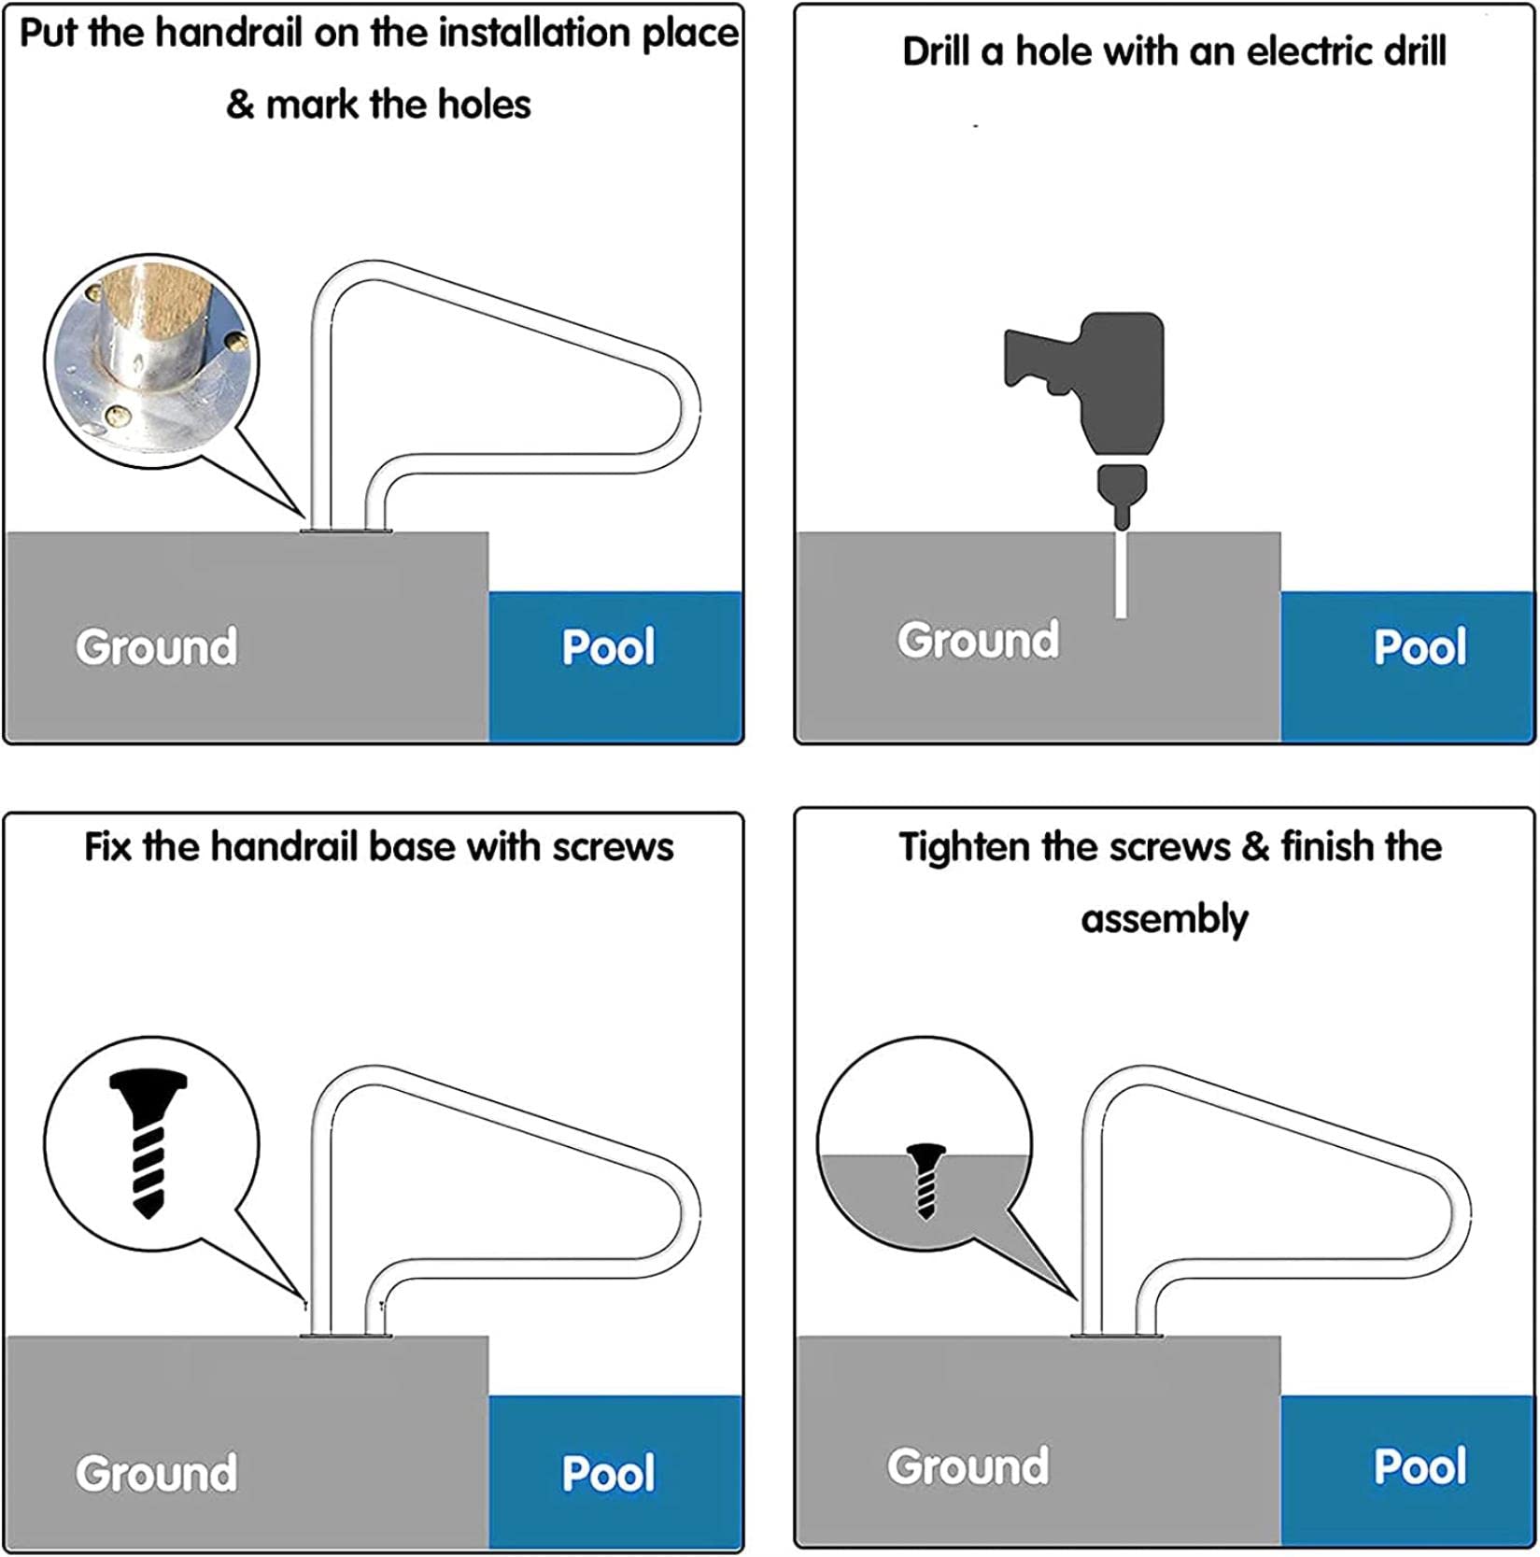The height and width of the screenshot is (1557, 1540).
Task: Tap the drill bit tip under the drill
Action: (x=1122, y=517)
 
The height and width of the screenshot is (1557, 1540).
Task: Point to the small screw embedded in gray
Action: (x=925, y=1180)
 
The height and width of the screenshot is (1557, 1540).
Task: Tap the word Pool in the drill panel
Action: (x=1420, y=647)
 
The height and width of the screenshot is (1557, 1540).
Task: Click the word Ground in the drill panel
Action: (x=978, y=641)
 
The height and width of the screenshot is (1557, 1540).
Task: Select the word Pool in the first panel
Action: (x=608, y=647)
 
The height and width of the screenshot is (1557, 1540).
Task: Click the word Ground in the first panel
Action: (x=157, y=647)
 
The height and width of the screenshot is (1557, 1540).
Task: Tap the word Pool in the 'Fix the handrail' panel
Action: (x=608, y=1473)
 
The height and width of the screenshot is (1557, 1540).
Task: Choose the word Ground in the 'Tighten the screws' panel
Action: (x=968, y=1466)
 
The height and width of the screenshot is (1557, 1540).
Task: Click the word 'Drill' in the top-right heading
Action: (x=937, y=51)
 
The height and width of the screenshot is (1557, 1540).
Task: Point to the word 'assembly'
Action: (x=1164, y=920)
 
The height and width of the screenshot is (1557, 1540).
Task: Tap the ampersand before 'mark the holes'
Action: (x=241, y=105)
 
